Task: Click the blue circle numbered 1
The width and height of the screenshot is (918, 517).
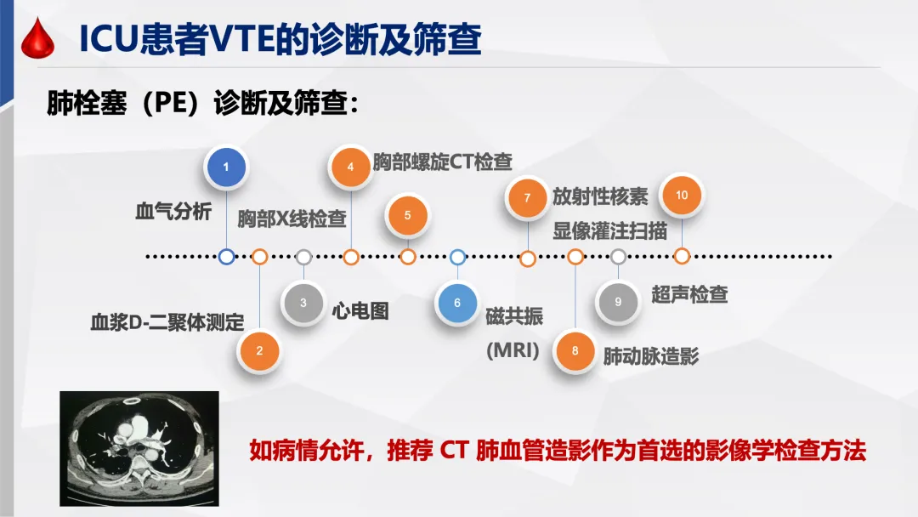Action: coord(226,168)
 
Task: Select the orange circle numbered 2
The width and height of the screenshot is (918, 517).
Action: coord(260,349)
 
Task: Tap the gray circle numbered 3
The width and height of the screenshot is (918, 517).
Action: coord(303,301)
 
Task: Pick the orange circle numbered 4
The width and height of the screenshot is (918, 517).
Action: coord(351,167)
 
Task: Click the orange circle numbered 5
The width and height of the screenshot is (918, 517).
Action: coord(407,215)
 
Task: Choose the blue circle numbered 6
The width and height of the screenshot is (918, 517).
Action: coord(457,302)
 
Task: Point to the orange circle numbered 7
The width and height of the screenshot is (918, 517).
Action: coord(527,198)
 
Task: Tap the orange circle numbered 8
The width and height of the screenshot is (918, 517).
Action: coord(575,350)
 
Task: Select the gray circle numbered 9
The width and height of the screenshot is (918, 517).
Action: coord(618,301)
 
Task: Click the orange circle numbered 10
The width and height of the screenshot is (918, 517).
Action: coord(682,196)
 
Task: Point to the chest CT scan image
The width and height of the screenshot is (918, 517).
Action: coord(139,447)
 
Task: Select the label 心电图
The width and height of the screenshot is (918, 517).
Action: coord(360,310)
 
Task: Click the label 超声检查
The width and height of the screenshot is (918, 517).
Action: coord(689,294)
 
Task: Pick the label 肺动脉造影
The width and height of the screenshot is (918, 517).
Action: coord(651,356)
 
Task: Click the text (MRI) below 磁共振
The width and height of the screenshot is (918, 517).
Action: coord(513,350)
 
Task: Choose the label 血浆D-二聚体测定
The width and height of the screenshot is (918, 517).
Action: coord(167,322)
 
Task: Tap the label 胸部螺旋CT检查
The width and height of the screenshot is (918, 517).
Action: coord(442,162)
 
